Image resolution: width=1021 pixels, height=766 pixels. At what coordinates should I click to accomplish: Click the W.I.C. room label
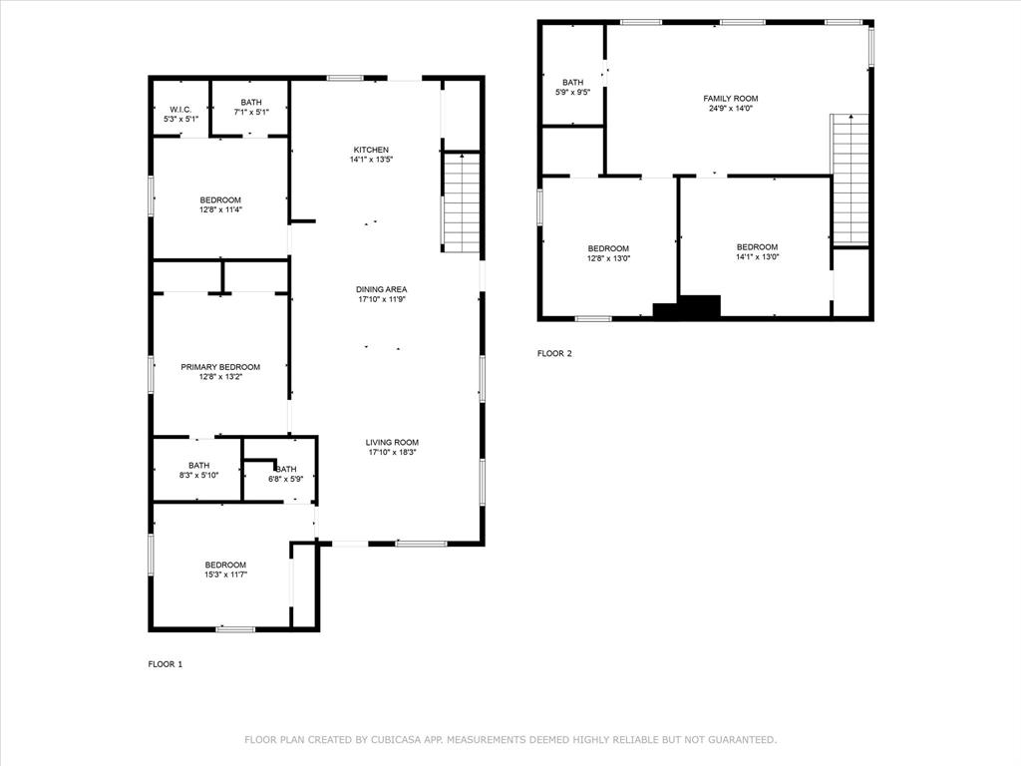[180, 110]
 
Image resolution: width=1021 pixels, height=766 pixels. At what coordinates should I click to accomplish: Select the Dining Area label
[381, 289]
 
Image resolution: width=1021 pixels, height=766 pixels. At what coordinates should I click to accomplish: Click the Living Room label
[392, 442]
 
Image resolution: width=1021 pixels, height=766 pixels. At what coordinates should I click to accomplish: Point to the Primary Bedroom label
[219, 367]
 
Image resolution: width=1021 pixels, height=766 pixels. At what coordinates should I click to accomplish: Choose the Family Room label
[730, 99]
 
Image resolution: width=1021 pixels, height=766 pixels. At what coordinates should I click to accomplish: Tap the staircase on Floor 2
[850, 180]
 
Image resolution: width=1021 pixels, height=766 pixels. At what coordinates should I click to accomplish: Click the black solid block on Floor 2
[688, 307]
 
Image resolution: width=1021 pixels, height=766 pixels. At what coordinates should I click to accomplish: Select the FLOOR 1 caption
[166, 664]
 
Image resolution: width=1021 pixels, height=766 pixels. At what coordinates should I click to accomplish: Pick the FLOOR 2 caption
[554, 353]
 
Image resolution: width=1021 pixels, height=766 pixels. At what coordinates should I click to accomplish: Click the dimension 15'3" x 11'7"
[225, 574]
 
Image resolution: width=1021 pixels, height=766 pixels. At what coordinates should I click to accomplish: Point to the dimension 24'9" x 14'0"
[730, 109]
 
